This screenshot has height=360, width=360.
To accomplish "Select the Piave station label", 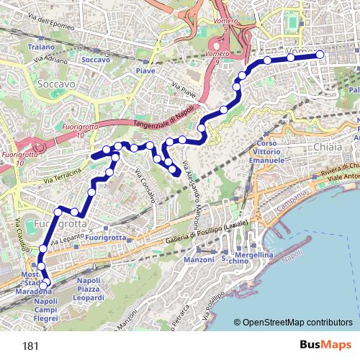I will [x=145, y=71].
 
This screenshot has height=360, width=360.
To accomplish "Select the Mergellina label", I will [x=255, y=256].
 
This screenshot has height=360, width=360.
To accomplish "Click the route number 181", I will [x=30, y=346].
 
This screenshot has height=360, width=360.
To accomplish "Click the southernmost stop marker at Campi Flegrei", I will [x=43, y=286].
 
